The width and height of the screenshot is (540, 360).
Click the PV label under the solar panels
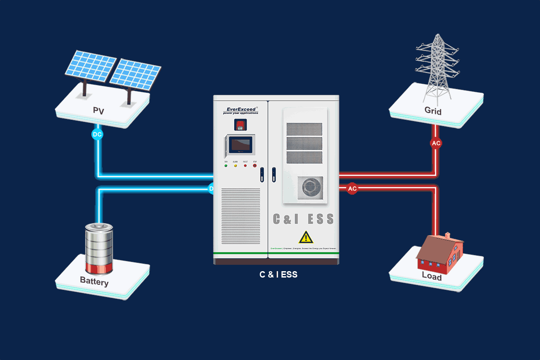tap(98, 111)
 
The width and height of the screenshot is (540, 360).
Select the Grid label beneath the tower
tap(433, 111)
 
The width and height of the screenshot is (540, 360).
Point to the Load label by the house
tap(432, 276)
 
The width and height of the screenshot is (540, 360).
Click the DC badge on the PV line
tap(97, 135)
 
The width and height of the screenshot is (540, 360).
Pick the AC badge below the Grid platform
tap(436, 143)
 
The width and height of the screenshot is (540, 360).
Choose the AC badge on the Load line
tap(352, 189)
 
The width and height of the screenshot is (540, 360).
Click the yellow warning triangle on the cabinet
tap(306, 237)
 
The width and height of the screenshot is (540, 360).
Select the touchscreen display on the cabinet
tap(240, 145)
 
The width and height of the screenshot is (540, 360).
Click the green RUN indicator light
tap(226, 165)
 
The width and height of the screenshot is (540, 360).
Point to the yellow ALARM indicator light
tap(236, 165)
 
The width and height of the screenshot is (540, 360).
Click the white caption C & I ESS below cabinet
tap(279, 275)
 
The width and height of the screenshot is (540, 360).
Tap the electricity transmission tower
tap(436, 68)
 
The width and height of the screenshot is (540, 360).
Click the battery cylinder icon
tap(99, 249)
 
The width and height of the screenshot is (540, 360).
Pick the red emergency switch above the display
tap(240, 125)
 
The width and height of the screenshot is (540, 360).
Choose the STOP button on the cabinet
tap(255, 165)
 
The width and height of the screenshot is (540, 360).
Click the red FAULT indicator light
tap(245, 165)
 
